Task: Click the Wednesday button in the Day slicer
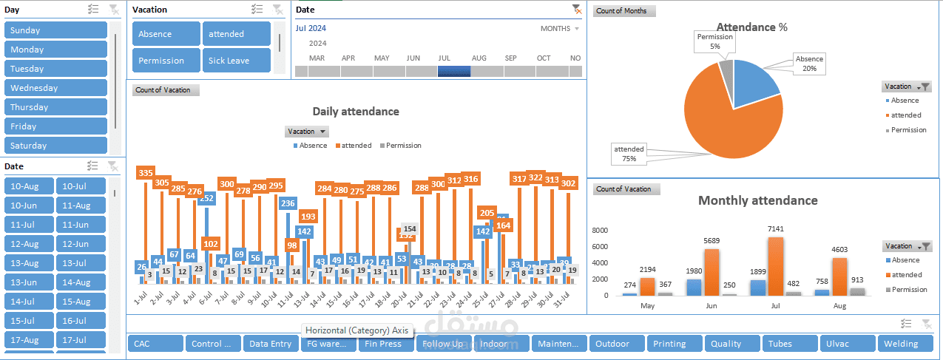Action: [x=55, y=88]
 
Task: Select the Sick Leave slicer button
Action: [x=236, y=61]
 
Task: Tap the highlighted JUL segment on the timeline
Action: [x=454, y=72]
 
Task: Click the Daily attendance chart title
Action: [x=355, y=112]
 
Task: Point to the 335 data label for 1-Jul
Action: [x=146, y=173]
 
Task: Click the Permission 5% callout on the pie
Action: [x=714, y=41]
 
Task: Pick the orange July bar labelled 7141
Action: [x=775, y=266]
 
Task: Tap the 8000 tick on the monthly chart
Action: [x=600, y=231]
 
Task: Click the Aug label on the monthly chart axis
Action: [x=839, y=305]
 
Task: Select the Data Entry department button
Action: [x=270, y=344]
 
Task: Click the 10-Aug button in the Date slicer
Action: [x=29, y=186]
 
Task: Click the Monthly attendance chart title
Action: [x=757, y=200]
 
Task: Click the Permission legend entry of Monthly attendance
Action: [x=909, y=290]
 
